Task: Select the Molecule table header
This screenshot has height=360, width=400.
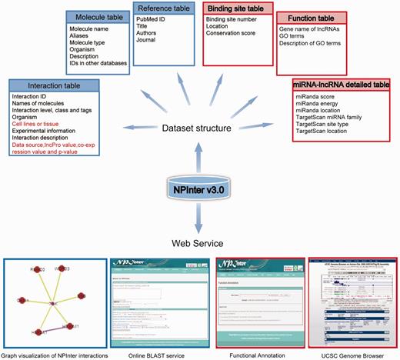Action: click(x=96, y=18)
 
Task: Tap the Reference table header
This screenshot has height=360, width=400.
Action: click(x=165, y=8)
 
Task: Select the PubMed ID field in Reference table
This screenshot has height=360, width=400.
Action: click(x=154, y=22)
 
